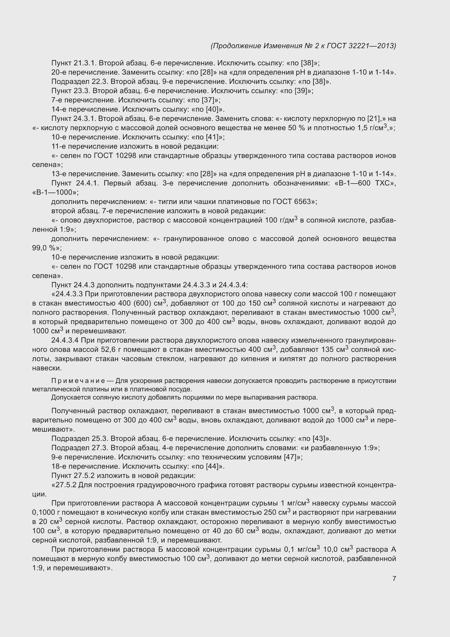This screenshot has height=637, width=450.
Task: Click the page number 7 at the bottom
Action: pos(394,578)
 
